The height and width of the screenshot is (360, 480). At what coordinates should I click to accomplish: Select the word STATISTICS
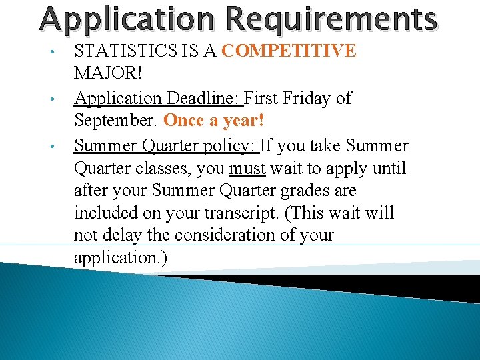(122, 51)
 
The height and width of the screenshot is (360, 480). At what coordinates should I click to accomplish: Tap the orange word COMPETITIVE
(289, 51)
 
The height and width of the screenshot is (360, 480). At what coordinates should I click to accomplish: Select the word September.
(115, 121)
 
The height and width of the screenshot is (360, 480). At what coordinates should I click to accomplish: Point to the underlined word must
(247, 168)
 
